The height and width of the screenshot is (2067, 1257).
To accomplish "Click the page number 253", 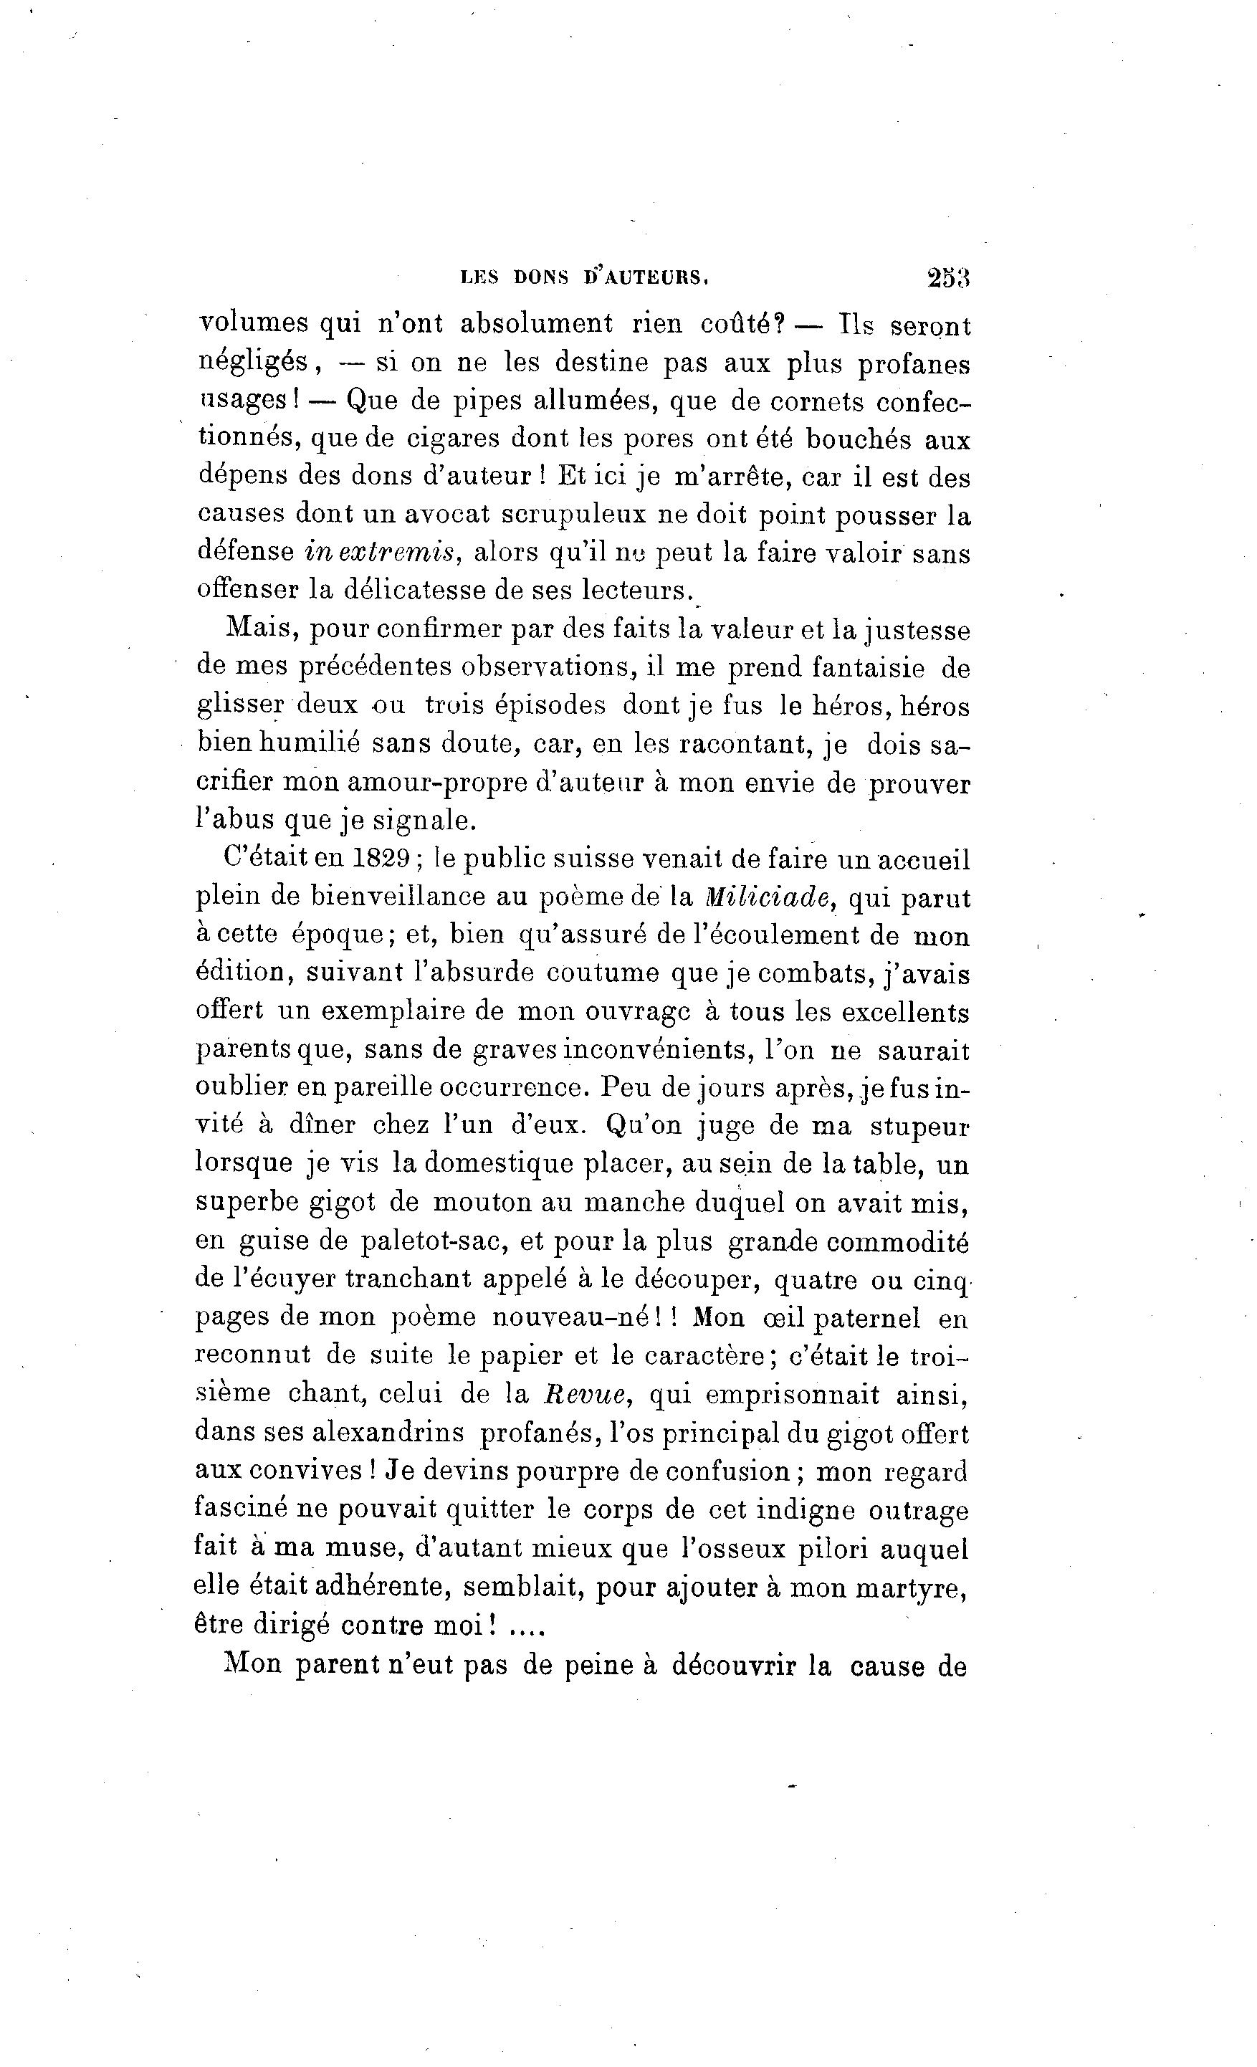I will pos(947,277).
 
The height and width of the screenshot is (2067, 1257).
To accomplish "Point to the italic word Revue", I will pos(586,1394).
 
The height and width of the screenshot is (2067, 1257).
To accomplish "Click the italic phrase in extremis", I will pos(380,552).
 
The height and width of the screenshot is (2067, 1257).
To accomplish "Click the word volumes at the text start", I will pos(252,324).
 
